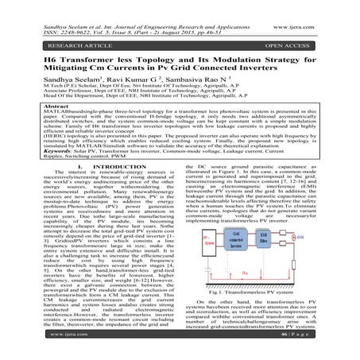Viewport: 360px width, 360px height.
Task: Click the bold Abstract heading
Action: tap(33, 106)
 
